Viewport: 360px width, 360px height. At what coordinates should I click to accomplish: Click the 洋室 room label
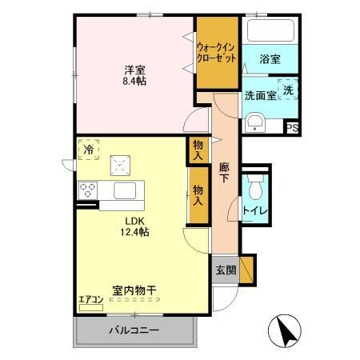tap(133, 68)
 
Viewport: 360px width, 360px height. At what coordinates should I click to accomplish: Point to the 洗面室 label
tap(260, 95)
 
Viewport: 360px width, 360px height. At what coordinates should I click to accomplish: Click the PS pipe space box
tap(293, 126)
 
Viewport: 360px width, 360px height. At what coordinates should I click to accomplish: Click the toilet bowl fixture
tap(255, 189)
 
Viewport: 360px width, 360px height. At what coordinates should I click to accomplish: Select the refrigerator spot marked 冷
tap(90, 149)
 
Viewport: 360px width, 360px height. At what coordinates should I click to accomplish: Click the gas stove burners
tap(88, 191)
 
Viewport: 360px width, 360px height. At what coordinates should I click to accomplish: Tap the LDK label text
tap(134, 222)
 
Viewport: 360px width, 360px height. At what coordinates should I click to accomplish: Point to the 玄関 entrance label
tap(226, 270)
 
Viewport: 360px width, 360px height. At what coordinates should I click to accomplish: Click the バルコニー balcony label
tap(134, 330)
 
